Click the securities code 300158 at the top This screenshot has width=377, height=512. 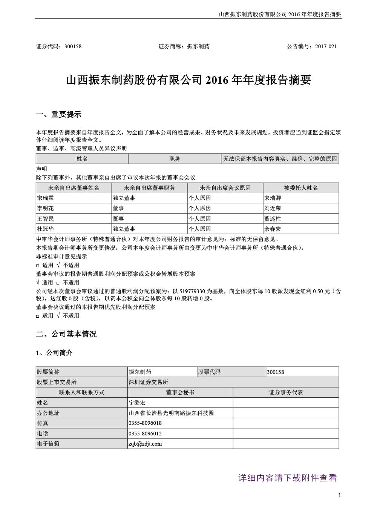pos(73,46)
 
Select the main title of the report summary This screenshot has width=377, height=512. pos(188,80)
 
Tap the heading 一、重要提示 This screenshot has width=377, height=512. pos(58,115)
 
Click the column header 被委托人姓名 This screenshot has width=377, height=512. pos(301,188)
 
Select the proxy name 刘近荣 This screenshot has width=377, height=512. pos(273,208)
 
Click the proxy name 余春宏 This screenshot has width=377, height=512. pos(273,229)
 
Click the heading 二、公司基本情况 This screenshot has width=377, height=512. pos(66,334)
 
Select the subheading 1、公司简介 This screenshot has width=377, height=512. pos(54,353)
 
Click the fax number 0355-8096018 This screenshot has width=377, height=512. pos(145,423)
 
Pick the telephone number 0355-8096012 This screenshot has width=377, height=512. pos(145,434)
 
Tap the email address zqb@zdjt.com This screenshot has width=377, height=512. pos(145,444)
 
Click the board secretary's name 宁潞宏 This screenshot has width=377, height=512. pos(137,403)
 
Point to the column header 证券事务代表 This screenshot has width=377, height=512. pos(286,392)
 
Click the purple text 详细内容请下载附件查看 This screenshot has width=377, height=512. pos(287,478)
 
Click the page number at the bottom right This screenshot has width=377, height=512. pos(340,495)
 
